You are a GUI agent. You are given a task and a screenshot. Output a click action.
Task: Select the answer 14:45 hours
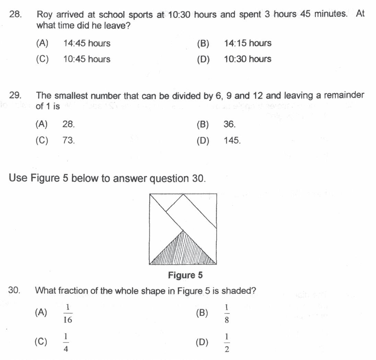86,44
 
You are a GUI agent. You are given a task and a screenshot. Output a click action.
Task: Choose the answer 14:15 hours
247,44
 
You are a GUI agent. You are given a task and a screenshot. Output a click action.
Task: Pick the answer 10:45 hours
86,59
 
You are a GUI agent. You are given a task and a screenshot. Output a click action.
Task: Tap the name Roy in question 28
44,15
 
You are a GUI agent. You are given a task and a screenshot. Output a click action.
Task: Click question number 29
15,95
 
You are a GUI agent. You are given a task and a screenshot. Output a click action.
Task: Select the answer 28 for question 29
68,124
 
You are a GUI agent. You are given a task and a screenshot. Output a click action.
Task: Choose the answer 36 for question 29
230,124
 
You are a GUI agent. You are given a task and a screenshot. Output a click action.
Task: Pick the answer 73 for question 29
68,141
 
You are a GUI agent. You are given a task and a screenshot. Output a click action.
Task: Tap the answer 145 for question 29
232,141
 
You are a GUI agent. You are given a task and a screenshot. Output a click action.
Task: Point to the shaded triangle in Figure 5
183,252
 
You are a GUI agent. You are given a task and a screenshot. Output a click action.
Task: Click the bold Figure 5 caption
185,275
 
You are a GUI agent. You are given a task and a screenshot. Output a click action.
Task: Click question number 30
14,291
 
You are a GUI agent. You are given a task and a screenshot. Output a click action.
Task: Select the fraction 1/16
68,314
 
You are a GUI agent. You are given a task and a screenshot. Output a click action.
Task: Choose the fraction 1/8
227,314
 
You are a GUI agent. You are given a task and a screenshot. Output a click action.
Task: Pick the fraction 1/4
66,343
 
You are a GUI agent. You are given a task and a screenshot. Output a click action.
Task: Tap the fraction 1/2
227,343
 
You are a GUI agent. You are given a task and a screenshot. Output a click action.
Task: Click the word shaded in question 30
238,291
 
